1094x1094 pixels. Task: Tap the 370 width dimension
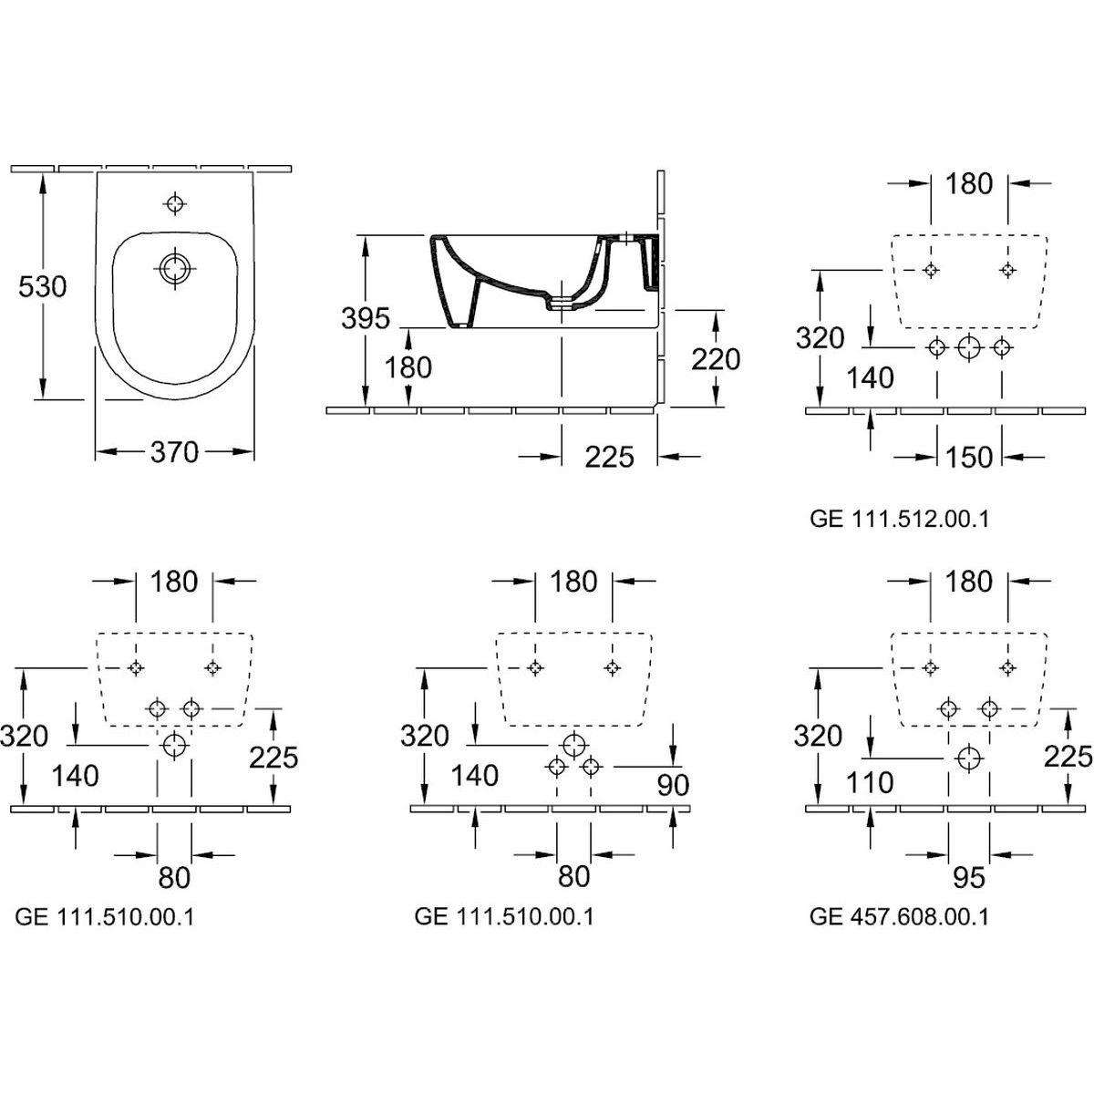point(173,451)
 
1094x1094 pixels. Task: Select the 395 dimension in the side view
point(365,318)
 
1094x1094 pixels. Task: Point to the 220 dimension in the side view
point(716,358)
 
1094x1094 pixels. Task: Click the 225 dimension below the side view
point(609,456)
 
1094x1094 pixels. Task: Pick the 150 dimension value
point(968,456)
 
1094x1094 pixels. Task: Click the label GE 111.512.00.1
point(899,519)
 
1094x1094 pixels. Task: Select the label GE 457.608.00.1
point(899,916)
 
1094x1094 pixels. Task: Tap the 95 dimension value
point(968,877)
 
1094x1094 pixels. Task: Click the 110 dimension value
point(869,782)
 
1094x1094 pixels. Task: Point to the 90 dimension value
point(672,784)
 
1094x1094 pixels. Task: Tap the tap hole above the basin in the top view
point(174,202)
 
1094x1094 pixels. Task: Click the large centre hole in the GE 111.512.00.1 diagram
point(969,346)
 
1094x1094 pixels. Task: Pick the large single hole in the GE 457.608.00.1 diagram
point(969,757)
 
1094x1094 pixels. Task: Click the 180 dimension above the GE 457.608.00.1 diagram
point(968,581)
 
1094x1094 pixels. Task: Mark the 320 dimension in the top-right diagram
point(820,338)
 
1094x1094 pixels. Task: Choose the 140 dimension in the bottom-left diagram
point(75,776)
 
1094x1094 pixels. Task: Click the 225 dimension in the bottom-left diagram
point(273,756)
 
